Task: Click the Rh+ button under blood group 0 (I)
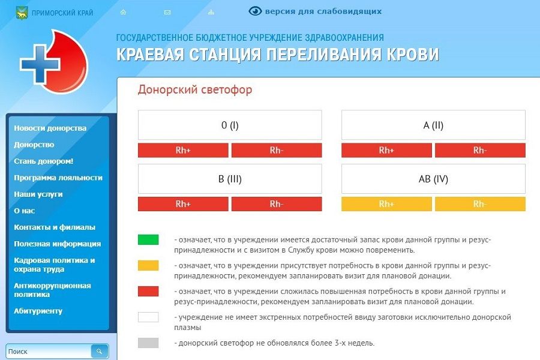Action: pos(183,150)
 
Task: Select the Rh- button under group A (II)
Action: pos(480,150)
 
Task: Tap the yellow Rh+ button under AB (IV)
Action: pos(386,204)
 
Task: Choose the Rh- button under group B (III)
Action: pos(277,204)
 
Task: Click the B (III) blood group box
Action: pos(230,179)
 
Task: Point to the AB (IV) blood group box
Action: pos(433,179)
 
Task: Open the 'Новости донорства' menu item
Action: pos(50,128)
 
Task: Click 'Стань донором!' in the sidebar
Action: pos(44,161)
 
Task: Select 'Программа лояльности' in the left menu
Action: pos(58,178)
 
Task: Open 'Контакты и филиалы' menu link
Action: pos(55,227)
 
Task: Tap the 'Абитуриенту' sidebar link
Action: pos(38,311)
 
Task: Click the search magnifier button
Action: pos(100,351)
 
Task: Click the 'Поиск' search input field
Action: pos(48,351)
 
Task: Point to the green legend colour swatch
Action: pos(148,239)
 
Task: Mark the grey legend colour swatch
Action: pos(148,343)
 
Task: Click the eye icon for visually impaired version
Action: pos(256,11)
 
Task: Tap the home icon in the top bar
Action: pos(123,12)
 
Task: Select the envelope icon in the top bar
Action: pos(167,12)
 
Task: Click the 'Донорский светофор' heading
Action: pos(195,90)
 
